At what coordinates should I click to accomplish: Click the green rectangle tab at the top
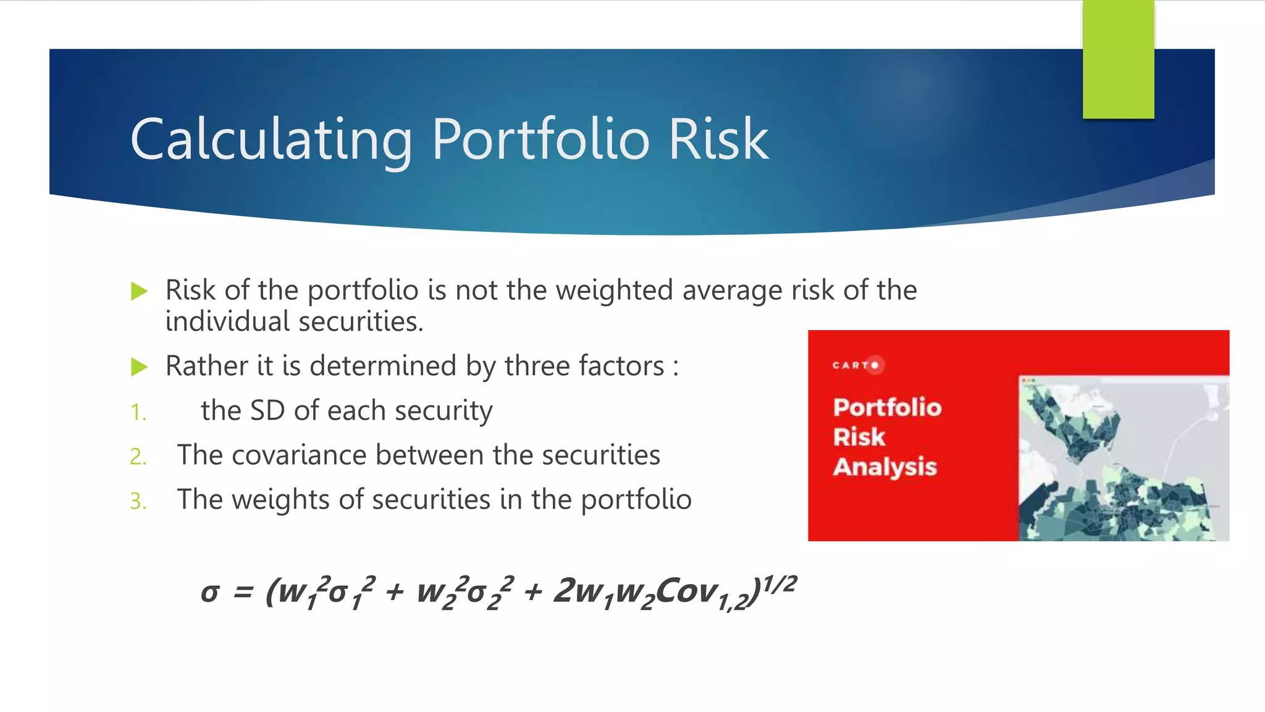coord(1118,59)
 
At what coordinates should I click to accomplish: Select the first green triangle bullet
coord(140,290)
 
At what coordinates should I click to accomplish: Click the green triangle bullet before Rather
coord(140,367)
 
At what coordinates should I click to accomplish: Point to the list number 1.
coord(138,412)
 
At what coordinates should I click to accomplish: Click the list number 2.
coord(138,457)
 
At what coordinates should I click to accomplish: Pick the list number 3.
coord(138,501)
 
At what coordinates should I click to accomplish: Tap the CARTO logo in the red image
coord(858,365)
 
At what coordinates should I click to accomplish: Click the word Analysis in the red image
coord(885,467)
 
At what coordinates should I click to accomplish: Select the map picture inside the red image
coord(1122,459)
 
